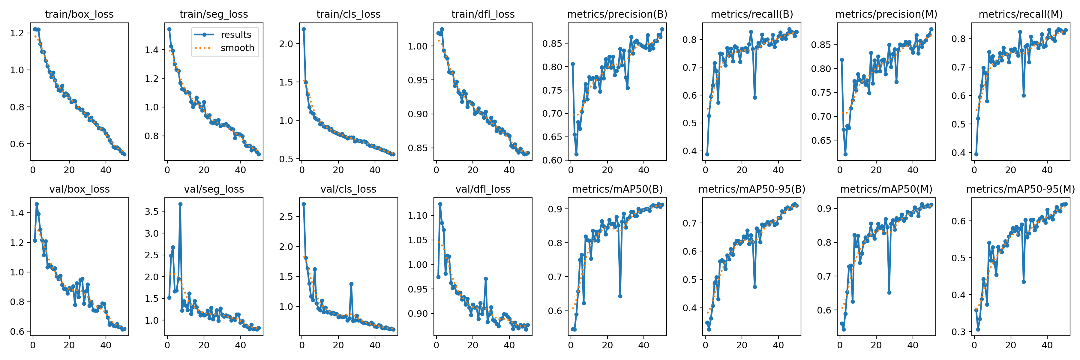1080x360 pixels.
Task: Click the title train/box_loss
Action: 79,14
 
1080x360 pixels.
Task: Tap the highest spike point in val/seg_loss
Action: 180,204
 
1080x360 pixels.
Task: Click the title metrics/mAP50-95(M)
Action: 1021,189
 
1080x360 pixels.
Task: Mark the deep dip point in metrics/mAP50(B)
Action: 620,296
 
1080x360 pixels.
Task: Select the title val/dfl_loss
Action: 483,189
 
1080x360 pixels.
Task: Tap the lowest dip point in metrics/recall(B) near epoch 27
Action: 755,97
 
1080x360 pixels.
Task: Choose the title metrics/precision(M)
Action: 886,14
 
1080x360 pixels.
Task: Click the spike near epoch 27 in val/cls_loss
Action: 351,284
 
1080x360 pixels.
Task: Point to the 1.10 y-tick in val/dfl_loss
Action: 418,215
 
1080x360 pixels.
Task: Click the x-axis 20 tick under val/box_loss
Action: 69,345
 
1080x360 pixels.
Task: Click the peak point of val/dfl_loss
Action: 440,204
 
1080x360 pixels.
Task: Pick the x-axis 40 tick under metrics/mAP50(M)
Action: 913,345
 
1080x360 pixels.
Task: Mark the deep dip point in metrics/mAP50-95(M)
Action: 1023,282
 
